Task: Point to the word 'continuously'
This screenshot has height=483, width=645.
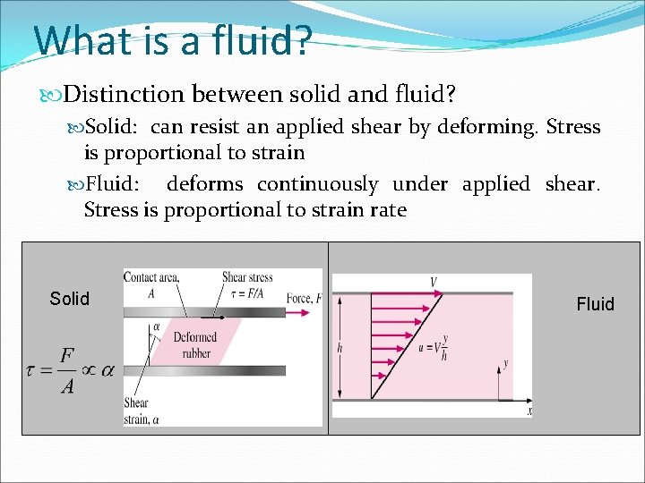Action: tap(318, 184)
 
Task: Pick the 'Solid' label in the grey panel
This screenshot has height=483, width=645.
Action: tap(70, 299)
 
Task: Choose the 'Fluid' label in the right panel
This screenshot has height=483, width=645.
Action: tap(595, 304)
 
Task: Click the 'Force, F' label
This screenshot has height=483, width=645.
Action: tap(304, 298)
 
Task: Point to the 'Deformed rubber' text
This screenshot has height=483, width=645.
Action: tap(194, 344)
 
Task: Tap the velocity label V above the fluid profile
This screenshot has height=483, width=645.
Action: tap(434, 283)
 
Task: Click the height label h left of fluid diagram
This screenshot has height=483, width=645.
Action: tap(340, 346)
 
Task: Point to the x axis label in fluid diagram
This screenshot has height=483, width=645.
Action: tap(529, 411)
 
